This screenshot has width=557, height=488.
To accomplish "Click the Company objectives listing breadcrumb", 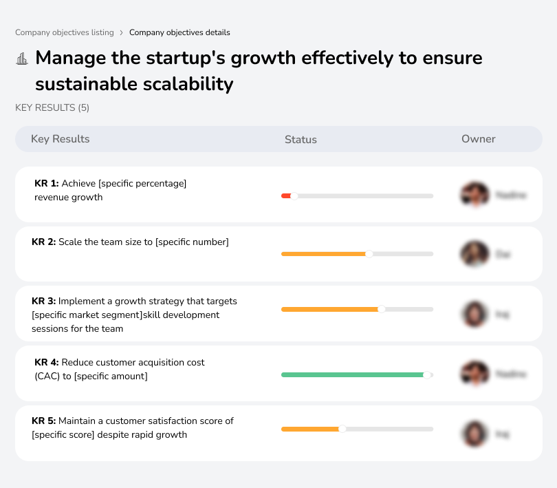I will click(x=65, y=32).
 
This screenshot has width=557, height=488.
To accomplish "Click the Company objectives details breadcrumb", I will click(x=179, y=32).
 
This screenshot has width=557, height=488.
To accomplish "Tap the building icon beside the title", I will click(x=22, y=59).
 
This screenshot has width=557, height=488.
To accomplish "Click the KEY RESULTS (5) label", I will click(x=52, y=107).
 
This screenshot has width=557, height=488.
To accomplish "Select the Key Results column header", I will click(x=61, y=139).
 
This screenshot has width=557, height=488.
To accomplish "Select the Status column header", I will click(x=301, y=140).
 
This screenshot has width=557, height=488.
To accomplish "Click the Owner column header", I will click(x=478, y=139).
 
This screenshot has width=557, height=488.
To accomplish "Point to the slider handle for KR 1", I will click(x=294, y=196).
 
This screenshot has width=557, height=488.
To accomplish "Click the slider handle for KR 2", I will click(x=369, y=254).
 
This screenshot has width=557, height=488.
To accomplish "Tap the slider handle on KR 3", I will click(x=382, y=310).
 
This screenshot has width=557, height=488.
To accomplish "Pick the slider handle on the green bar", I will click(x=427, y=374).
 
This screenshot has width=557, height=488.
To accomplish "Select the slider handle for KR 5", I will click(x=342, y=429).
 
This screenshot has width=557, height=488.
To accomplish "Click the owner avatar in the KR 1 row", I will click(x=474, y=195).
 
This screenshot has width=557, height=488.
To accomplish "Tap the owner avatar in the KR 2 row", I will click(x=474, y=254).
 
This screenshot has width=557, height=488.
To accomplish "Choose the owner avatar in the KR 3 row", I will click(x=474, y=314).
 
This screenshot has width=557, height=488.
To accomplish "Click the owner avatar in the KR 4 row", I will click(x=474, y=374).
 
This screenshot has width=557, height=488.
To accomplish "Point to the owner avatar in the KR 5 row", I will click(x=474, y=434).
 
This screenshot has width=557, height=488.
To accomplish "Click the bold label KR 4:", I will click(x=46, y=362).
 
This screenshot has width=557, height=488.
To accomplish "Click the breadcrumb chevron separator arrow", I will click(x=122, y=32).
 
